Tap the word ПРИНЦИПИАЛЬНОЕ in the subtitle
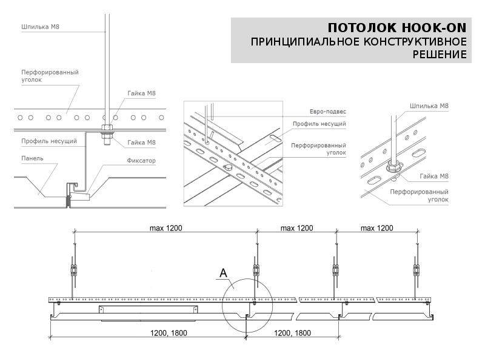pos(305,42)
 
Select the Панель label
pos(32,158)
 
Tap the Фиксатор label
pos(141,161)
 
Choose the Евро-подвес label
pos(327,112)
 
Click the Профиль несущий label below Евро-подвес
pos(319,124)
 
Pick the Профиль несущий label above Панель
pos(48,141)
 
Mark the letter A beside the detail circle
pos(223,274)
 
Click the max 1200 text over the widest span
pos(165,228)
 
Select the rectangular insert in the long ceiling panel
pos(149,310)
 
